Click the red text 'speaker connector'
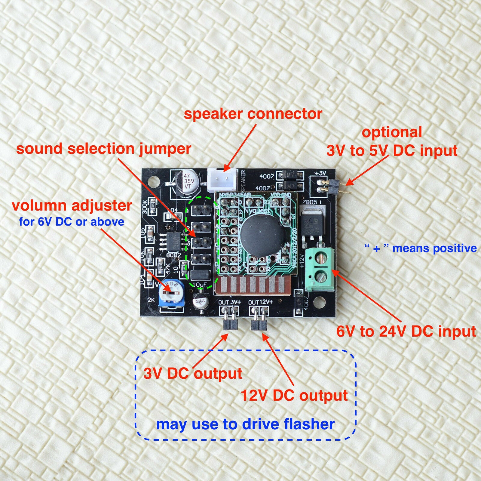[253, 114]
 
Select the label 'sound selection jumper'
[104, 149]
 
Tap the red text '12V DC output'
[294, 395]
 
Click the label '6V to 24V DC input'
[406, 331]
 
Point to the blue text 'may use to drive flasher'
[245, 424]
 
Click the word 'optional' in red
[392, 132]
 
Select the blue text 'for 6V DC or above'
[72, 222]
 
